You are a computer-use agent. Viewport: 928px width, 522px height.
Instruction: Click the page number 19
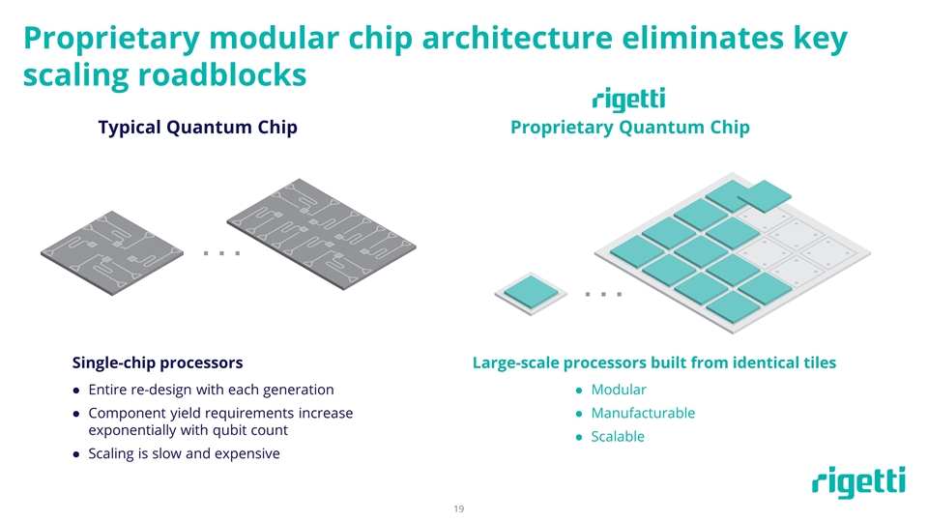coord(459,508)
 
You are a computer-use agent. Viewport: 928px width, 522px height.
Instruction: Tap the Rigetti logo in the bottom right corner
coord(858,483)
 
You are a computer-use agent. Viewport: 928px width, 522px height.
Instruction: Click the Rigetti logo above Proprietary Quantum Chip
coord(628,100)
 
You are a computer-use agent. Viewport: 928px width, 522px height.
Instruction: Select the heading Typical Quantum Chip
coord(197,128)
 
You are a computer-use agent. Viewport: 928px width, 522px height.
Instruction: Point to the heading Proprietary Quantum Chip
coord(629,128)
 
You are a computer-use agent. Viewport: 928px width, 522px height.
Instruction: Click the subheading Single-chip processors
coord(158,362)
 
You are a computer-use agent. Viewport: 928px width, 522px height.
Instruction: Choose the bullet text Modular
coord(619,390)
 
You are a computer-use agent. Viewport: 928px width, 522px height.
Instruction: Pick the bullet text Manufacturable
coord(643,413)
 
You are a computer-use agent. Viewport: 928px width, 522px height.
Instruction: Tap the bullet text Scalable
coord(618,436)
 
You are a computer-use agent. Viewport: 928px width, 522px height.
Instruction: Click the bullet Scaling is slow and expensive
coord(184,454)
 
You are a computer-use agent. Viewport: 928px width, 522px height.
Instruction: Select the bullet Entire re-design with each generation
coord(211,390)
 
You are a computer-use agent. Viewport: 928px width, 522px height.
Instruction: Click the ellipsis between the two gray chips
coord(221,254)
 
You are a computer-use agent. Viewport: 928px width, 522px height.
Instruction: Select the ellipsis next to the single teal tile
coord(603,293)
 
